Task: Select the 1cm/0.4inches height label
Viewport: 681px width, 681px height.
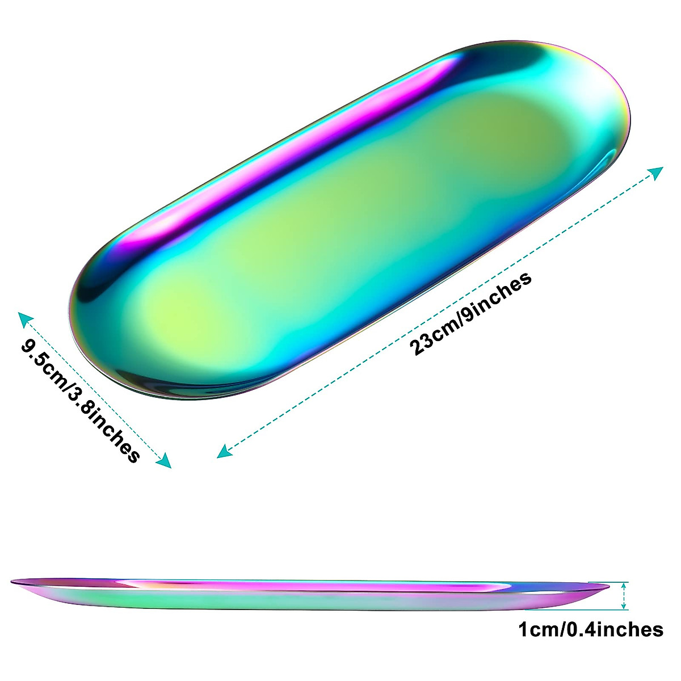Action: [x=590, y=629]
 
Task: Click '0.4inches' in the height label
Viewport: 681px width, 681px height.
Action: [x=616, y=629]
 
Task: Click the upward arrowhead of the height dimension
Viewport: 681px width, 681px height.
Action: [x=624, y=586]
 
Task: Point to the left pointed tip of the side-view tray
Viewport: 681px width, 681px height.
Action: [x=14, y=581]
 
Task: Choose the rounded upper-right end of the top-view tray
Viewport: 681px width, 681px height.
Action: [x=602, y=85]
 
